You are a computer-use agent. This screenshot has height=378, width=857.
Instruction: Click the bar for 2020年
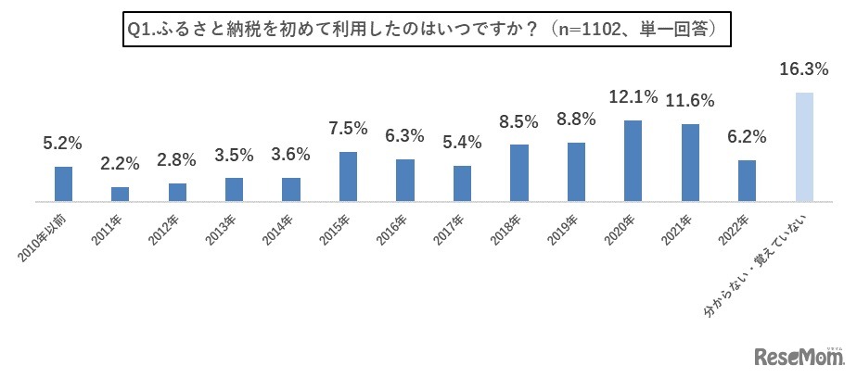click(633, 160)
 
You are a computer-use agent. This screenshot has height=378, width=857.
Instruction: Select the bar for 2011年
click(121, 194)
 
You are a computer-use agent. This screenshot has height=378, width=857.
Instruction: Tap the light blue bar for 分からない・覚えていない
click(804, 146)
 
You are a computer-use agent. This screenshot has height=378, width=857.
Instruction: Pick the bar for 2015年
click(348, 176)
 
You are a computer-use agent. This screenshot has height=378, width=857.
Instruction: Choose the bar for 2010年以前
click(63, 183)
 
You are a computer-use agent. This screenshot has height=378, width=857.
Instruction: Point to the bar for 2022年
click(747, 180)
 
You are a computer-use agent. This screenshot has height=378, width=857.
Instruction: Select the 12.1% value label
click(633, 96)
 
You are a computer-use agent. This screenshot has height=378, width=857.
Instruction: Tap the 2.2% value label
click(121, 164)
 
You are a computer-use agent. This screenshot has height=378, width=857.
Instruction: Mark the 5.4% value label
click(462, 142)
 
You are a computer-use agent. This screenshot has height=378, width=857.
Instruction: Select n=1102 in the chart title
click(594, 30)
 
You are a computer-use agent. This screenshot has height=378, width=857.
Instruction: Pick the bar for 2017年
click(462, 183)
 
